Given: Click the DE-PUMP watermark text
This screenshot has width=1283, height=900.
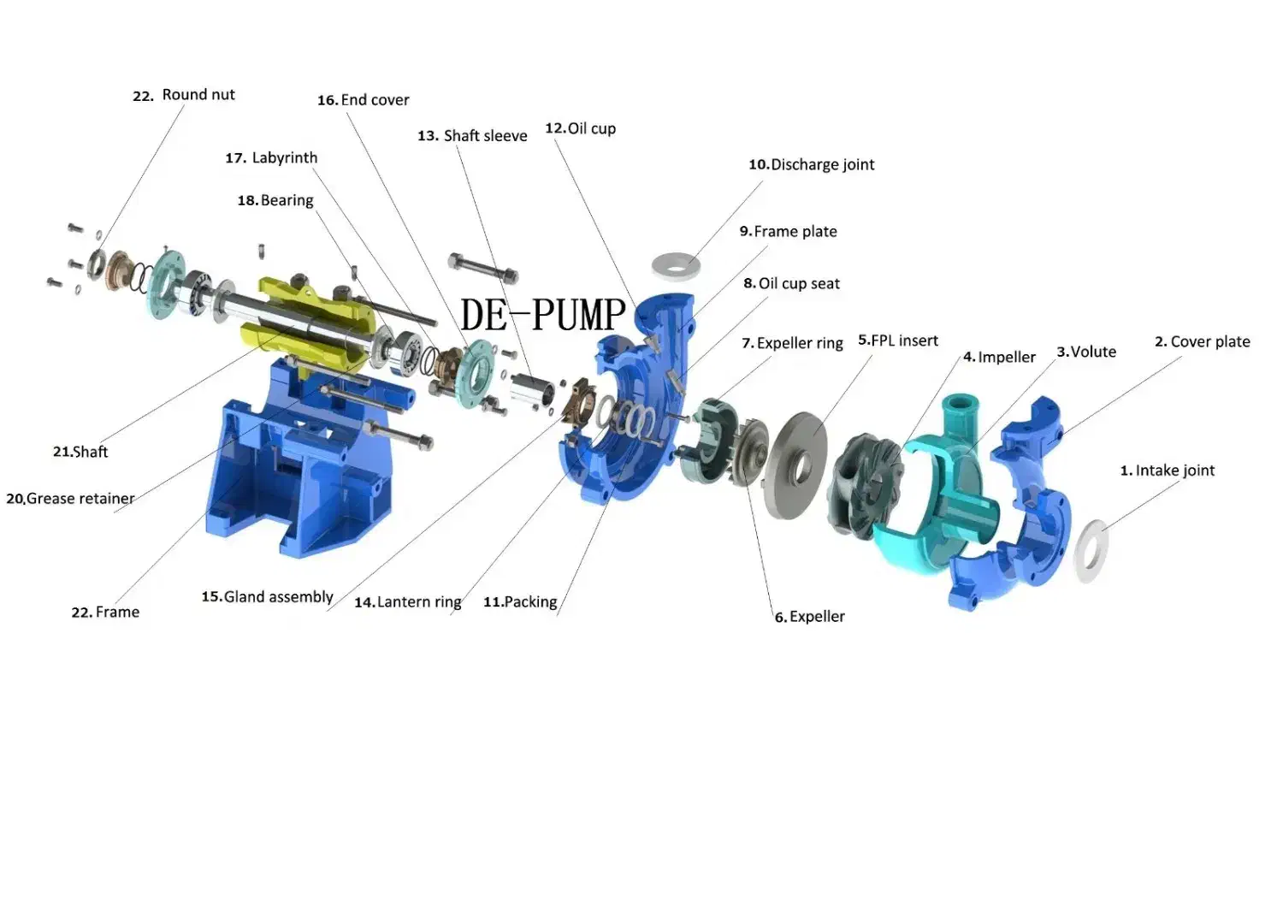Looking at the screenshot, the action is point(542,315).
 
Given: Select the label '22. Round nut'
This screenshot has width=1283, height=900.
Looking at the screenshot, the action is point(183,95).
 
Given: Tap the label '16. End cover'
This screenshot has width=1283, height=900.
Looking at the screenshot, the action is point(364,100).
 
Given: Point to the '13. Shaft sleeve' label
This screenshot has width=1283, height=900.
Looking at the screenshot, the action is point(472,136).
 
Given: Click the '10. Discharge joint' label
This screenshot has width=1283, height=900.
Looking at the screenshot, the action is point(812,165).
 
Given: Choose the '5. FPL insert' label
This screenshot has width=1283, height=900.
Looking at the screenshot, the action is point(897,340).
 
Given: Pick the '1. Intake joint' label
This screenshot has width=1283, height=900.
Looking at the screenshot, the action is point(1168,471).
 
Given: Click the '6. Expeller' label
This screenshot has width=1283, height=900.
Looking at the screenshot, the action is point(809,617).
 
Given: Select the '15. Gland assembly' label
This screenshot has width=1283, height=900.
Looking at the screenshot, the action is point(267,597).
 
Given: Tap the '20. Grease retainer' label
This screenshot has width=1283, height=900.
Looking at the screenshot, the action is point(70,499).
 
